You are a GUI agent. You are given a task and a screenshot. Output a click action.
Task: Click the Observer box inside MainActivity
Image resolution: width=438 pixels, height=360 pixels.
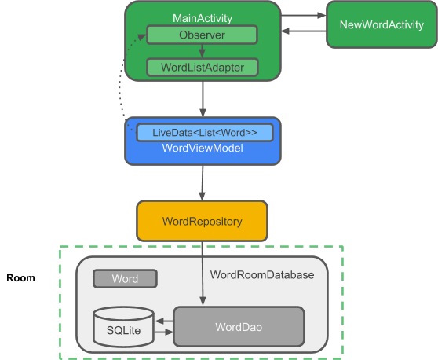(x=202, y=35)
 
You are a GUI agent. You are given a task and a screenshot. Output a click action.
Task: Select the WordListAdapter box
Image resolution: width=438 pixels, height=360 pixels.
(x=203, y=67)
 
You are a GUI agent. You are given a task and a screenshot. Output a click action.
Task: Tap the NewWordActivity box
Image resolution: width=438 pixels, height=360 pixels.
(x=381, y=24)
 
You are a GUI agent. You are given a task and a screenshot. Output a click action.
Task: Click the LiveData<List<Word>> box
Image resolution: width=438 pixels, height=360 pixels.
(x=204, y=133)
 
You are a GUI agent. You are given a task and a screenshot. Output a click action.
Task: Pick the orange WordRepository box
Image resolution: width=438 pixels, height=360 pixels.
(x=202, y=221)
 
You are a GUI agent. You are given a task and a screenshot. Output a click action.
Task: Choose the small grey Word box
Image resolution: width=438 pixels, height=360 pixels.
(x=125, y=278)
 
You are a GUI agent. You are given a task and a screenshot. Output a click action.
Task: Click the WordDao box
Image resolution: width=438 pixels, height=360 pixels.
(x=239, y=327)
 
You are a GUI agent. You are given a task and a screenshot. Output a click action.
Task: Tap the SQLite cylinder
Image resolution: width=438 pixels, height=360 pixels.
(x=123, y=327)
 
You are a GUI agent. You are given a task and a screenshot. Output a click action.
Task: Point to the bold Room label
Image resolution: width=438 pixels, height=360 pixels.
(x=20, y=277)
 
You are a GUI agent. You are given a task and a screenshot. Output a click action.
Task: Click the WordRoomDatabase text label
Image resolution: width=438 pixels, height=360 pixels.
(x=262, y=274)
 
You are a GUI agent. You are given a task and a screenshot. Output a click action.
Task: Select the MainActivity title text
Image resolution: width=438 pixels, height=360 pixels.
(x=203, y=18)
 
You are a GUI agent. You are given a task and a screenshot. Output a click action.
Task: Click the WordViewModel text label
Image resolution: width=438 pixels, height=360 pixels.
(x=203, y=148)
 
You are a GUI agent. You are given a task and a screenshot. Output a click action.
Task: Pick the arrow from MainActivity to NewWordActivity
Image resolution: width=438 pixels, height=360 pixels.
(x=303, y=16)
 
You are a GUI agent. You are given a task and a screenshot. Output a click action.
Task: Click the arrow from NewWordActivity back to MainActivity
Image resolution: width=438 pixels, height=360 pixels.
(x=304, y=31)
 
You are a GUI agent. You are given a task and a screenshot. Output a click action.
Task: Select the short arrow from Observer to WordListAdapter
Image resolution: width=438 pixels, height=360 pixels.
(x=202, y=51)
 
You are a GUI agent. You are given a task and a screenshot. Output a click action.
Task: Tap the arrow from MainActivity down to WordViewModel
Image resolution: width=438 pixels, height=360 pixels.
(x=203, y=99)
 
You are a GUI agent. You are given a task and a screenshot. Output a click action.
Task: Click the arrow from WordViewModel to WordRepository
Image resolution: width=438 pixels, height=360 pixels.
(x=203, y=182)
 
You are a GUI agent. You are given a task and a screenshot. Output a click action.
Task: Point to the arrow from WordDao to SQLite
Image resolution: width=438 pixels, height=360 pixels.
(x=164, y=321)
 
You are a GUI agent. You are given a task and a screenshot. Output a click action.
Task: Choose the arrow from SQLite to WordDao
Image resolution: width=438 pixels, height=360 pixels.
(x=164, y=332)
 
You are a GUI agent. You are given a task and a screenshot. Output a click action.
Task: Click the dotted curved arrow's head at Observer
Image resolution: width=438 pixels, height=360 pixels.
(x=142, y=37)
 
